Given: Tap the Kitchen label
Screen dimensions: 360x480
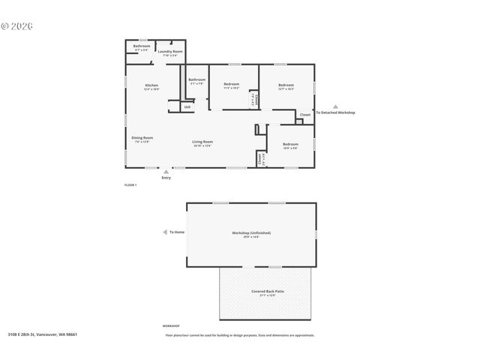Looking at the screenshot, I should [x=151, y=86].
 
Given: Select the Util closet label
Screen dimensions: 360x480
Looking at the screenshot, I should [x=187, y=107].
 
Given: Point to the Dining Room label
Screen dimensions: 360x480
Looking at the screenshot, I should [x=142, y=138].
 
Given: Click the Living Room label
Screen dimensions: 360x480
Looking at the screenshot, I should [x=202, y=142].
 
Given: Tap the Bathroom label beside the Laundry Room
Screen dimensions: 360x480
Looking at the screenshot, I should [x=142, y=46].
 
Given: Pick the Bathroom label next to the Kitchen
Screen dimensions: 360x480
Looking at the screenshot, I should [x=197, y=79].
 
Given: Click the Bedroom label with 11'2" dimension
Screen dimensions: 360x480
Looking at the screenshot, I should [x=231, y=84].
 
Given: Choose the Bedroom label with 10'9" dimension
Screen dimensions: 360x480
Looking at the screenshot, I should [x=290, y=144].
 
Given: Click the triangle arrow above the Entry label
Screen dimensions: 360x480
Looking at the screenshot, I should [x=166, y=172].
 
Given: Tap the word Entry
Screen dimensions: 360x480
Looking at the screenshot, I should [x=166, y=178].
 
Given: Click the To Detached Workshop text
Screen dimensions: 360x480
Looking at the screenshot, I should [x=335, y=112].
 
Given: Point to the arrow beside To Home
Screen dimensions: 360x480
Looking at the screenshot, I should [x=164, y=232].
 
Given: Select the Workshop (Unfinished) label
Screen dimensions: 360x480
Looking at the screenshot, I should [x=251, y=232].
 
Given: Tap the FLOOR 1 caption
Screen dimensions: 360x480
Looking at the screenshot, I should [x=130, y=184].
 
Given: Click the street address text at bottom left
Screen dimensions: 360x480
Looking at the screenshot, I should [x=43, y=334].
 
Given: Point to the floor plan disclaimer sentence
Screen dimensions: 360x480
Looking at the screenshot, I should [x=240, y=335].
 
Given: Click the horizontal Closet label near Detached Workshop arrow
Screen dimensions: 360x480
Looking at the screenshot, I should [x=305, y=115].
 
